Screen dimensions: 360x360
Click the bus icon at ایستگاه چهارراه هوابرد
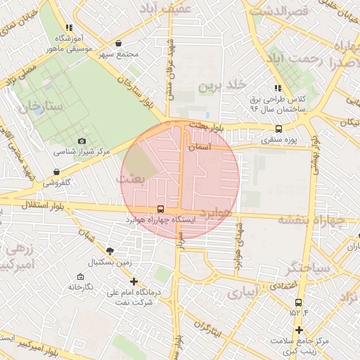point(161,209)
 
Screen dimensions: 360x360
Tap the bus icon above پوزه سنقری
point(279,129)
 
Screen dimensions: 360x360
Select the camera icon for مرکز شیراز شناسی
point(82,141)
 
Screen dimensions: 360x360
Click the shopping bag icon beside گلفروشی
point(56,172)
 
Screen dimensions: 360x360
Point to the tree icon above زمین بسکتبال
point(110,250)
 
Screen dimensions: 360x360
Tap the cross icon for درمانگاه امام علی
point(134,281)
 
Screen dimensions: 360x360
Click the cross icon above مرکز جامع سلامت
point(299,330)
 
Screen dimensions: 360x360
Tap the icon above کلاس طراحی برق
point(278,88)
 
